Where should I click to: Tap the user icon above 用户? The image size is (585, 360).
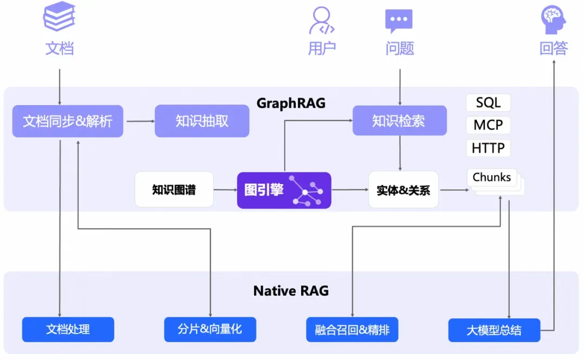click(x=322, y=21)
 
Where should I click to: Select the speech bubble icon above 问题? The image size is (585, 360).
click(x=399, y=21)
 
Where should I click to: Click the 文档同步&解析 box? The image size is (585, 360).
click(x=68, y=121)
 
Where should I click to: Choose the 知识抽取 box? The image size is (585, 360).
click(x=202, y=121)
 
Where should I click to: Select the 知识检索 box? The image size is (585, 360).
click(x=400, y=120)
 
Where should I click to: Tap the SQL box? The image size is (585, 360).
click(x=488, y=102)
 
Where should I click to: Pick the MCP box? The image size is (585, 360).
click(x=488, y=125)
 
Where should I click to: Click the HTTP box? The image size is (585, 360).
click(x=488, y=148)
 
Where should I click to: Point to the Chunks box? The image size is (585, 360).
click(x=492, y=178)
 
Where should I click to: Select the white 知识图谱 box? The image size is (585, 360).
click(x=174, y=189)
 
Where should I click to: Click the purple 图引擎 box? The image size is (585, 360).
click(x=284, y=190)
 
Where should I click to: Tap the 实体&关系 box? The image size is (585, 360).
click(x=403, y=189)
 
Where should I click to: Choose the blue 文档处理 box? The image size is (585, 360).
click(x=68, y=329)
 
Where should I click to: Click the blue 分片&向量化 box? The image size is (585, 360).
click(x=210, y=329)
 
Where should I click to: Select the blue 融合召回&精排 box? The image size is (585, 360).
click(x=352, y=329)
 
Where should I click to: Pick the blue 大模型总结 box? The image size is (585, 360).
click(x=494, y=330)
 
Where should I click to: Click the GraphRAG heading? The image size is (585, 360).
click(x=291, y=103)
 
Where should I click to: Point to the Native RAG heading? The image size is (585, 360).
click(x=291, y=291)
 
